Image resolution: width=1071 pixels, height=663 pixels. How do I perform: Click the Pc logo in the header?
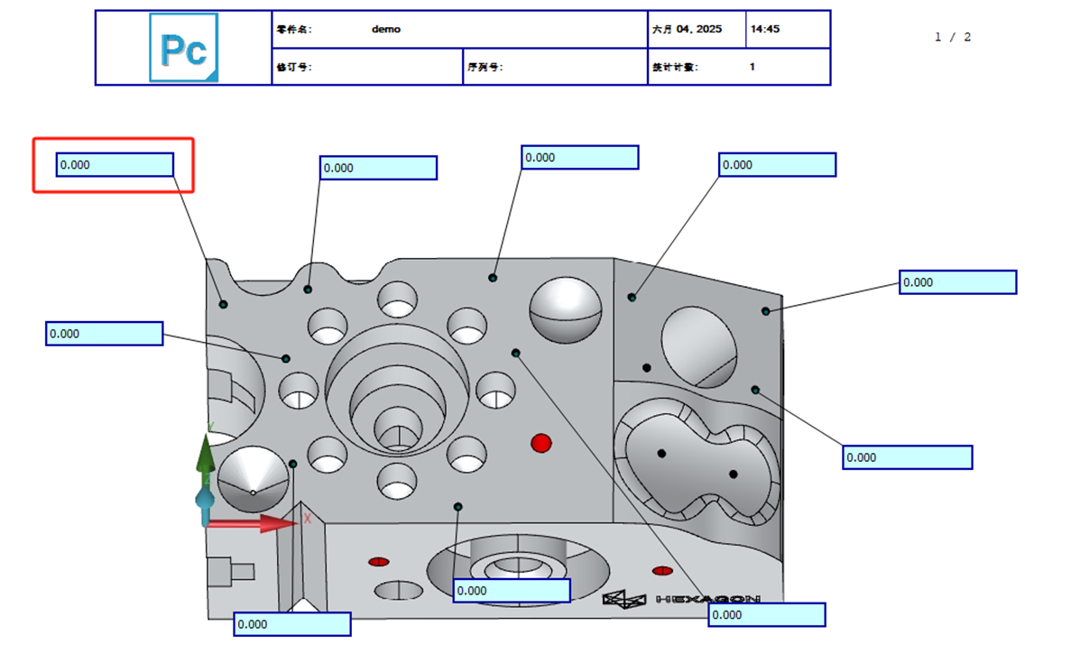point(183,48)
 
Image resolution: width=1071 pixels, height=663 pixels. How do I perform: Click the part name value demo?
point(385,29)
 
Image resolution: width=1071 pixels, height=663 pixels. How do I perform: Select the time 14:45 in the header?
point(765,29)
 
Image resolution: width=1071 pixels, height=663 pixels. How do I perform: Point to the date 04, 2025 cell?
point(688,29)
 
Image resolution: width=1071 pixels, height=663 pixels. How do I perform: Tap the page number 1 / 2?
point(953,37)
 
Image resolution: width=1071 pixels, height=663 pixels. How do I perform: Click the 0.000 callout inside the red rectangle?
point(115,165)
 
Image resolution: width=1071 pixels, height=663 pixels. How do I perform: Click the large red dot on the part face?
point(541,443)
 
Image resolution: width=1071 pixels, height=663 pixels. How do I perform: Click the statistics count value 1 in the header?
point(752,67)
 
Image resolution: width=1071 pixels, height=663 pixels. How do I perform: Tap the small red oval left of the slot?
point(379,562)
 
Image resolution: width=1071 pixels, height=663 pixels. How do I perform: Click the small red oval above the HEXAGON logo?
point(662,570)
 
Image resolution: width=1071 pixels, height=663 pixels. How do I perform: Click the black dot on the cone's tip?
point(253,493)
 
